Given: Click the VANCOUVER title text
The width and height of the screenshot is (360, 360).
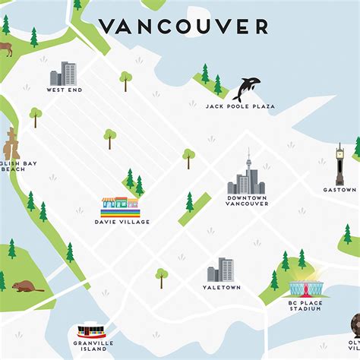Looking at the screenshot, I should [183, 27].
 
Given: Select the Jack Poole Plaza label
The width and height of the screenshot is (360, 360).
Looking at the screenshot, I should [240, 106].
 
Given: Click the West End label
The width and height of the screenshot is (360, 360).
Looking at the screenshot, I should [64, 90].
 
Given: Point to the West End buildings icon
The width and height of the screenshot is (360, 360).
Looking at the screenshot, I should [64, 74].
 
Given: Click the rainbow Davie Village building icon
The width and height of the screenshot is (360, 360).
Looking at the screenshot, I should [120, 206].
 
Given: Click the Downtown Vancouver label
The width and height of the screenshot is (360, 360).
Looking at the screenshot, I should [247, 201].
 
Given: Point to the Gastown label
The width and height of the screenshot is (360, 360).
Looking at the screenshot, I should [339, 190].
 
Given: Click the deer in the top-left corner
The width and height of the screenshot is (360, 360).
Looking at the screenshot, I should [6, 49].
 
